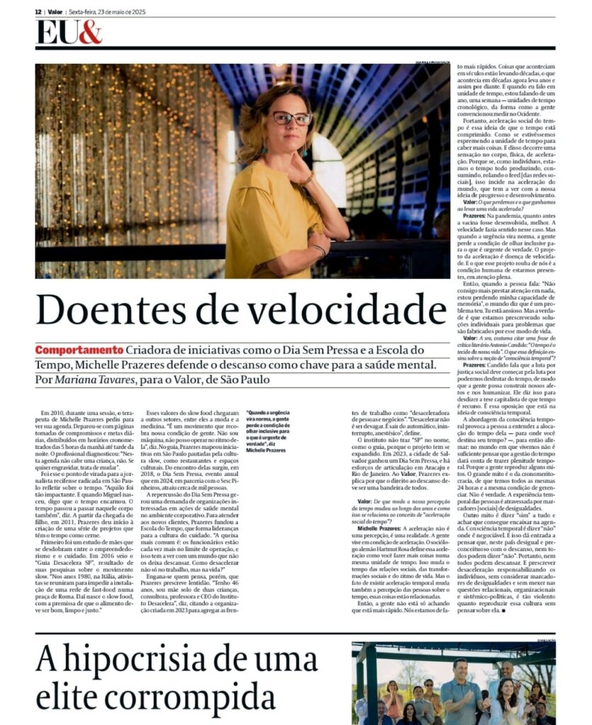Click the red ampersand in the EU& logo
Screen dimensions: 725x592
point(90,33)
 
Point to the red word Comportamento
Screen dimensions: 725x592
point(80,350)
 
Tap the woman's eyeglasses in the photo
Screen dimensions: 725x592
point(292,118)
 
